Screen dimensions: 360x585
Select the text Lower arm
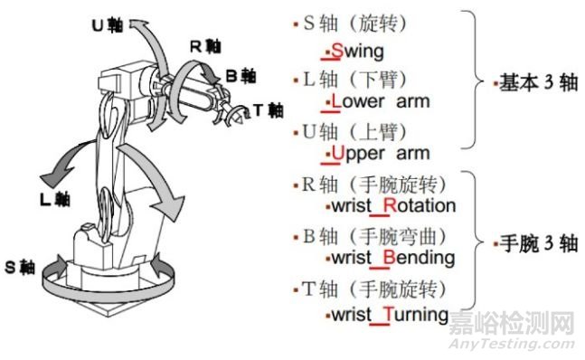[380, 101]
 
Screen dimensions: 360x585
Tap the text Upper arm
[381, 153]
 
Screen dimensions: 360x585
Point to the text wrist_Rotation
[392, 205]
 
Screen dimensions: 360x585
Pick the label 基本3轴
[531, 82]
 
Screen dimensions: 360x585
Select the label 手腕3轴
[531, 244]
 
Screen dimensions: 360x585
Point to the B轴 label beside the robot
[240, 77]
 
